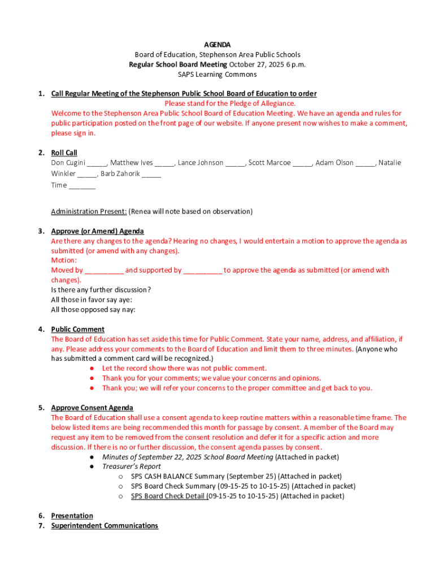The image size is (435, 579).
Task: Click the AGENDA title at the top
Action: click(x=217, y=45)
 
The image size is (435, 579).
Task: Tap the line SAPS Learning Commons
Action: click(x=217, y=75)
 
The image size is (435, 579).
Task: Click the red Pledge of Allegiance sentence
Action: click(x=229, y=103)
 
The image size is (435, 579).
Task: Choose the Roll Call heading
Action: click(x=64, y=153)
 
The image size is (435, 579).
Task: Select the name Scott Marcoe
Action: click(x=269, y=163)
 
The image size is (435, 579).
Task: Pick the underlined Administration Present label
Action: click(x=89, y=211)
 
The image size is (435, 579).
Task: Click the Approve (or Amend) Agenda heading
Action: click(x=97, y=231)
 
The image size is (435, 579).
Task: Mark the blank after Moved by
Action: click(x=104, y=271)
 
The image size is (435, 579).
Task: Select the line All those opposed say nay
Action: click(x=93, y=310)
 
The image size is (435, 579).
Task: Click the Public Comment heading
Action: click(x=77, y=329)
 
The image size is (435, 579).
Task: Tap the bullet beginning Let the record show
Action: click(x=184, y=368)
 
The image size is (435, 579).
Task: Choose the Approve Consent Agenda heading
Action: click(x=92, y=408)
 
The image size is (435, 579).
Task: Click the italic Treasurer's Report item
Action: click(x=131, y=466)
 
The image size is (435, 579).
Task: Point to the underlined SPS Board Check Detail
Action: click(x=169, y=496)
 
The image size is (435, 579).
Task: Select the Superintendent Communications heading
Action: click(x=105, y=525)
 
